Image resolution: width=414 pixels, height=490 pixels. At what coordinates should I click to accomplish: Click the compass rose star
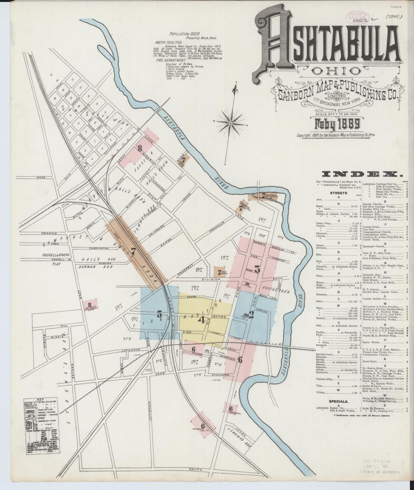(x=230, y=123)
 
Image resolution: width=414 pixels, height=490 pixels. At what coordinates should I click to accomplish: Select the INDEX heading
(x=362, y=174)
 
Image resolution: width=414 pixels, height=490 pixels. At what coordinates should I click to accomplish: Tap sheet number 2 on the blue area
(x=251, y=315)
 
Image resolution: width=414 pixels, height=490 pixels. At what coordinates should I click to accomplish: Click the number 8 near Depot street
(x=140, y=148)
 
